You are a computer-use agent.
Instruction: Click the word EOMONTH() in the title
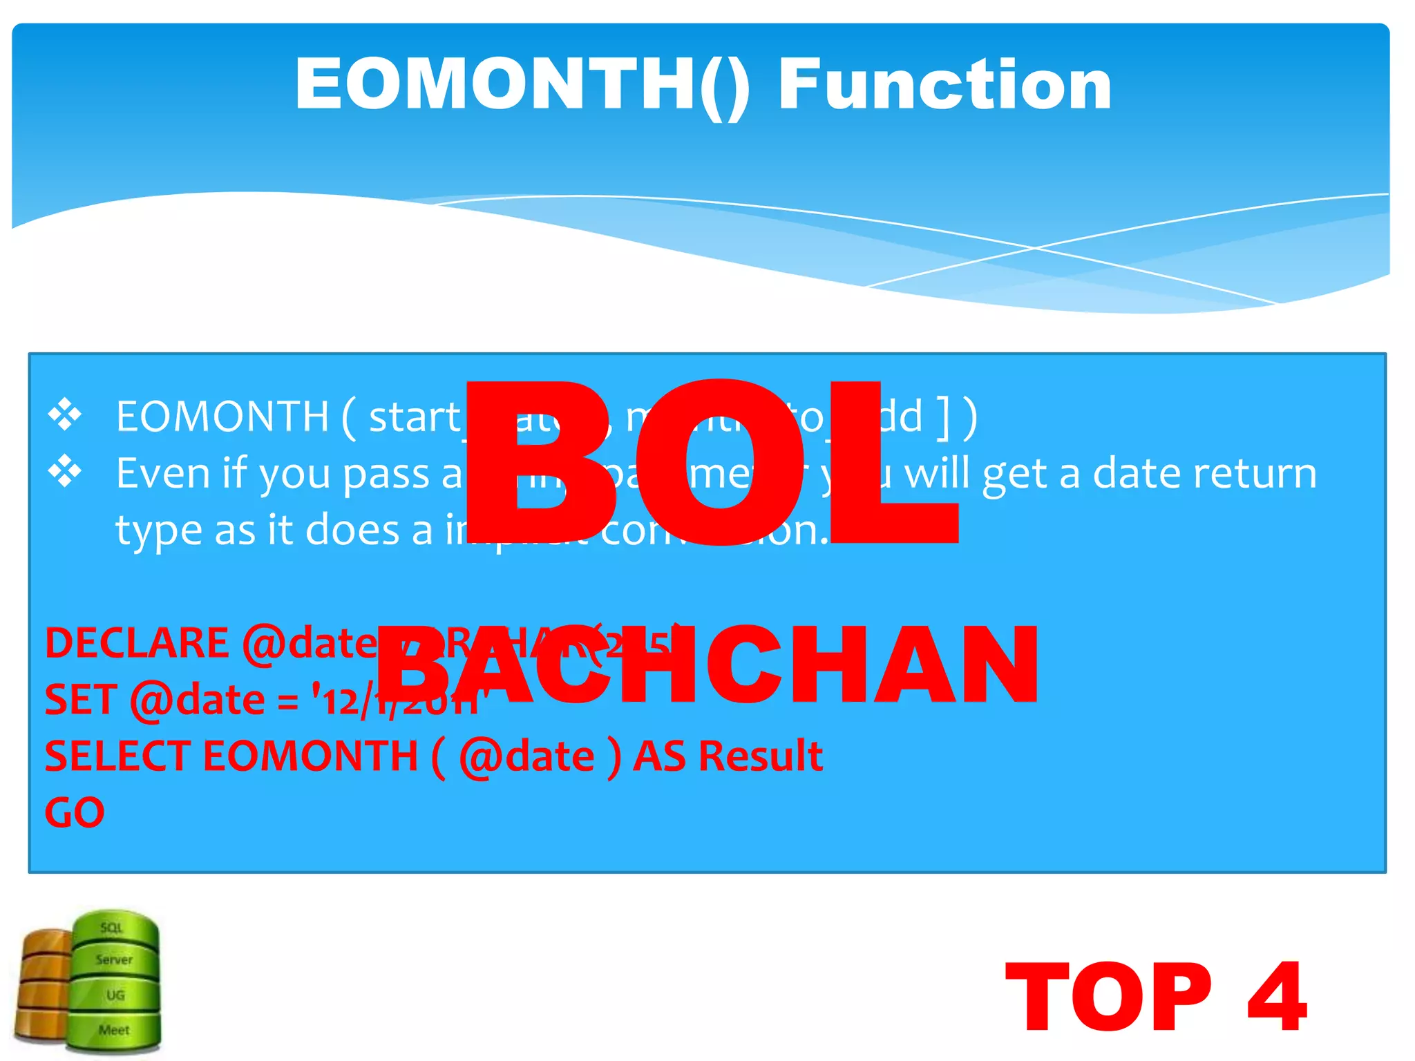522,84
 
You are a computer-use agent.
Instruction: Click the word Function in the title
944,84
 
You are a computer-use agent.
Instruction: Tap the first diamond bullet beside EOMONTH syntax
65,415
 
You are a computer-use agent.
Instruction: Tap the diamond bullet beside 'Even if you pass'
65,472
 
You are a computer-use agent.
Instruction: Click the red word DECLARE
137,643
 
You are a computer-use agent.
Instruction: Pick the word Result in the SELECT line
760,756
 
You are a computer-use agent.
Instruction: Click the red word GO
75,812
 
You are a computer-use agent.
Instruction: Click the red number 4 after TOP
1277,997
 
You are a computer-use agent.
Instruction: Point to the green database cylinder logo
115,981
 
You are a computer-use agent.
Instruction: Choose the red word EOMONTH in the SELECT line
310,756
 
